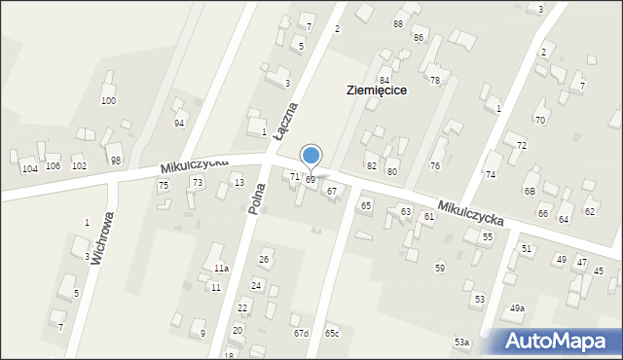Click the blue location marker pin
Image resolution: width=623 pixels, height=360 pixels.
click(311, 156)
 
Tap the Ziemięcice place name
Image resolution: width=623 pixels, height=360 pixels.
click(376, 90)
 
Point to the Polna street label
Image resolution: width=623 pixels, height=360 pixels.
click(257, 197)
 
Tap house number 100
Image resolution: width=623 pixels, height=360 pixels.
click(108, 101)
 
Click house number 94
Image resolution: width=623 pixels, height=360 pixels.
click(179, 124)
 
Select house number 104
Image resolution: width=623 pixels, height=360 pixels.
click(30, 168)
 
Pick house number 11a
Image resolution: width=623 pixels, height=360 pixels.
click(222, 268)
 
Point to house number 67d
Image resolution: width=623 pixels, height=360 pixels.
click(301, 334)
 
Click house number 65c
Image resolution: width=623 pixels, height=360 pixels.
click(332, 334)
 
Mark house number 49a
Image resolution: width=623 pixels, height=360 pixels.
click(517, 308)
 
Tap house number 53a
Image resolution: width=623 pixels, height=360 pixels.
click(461, 342)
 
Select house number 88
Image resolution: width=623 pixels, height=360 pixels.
click(398, 23)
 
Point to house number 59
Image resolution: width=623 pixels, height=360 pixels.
click(440, 267)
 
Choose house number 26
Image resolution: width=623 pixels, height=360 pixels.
click(264, 259)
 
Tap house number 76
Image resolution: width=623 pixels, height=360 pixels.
click(435, 166)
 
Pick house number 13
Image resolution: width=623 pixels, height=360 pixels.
click(238, 183)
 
